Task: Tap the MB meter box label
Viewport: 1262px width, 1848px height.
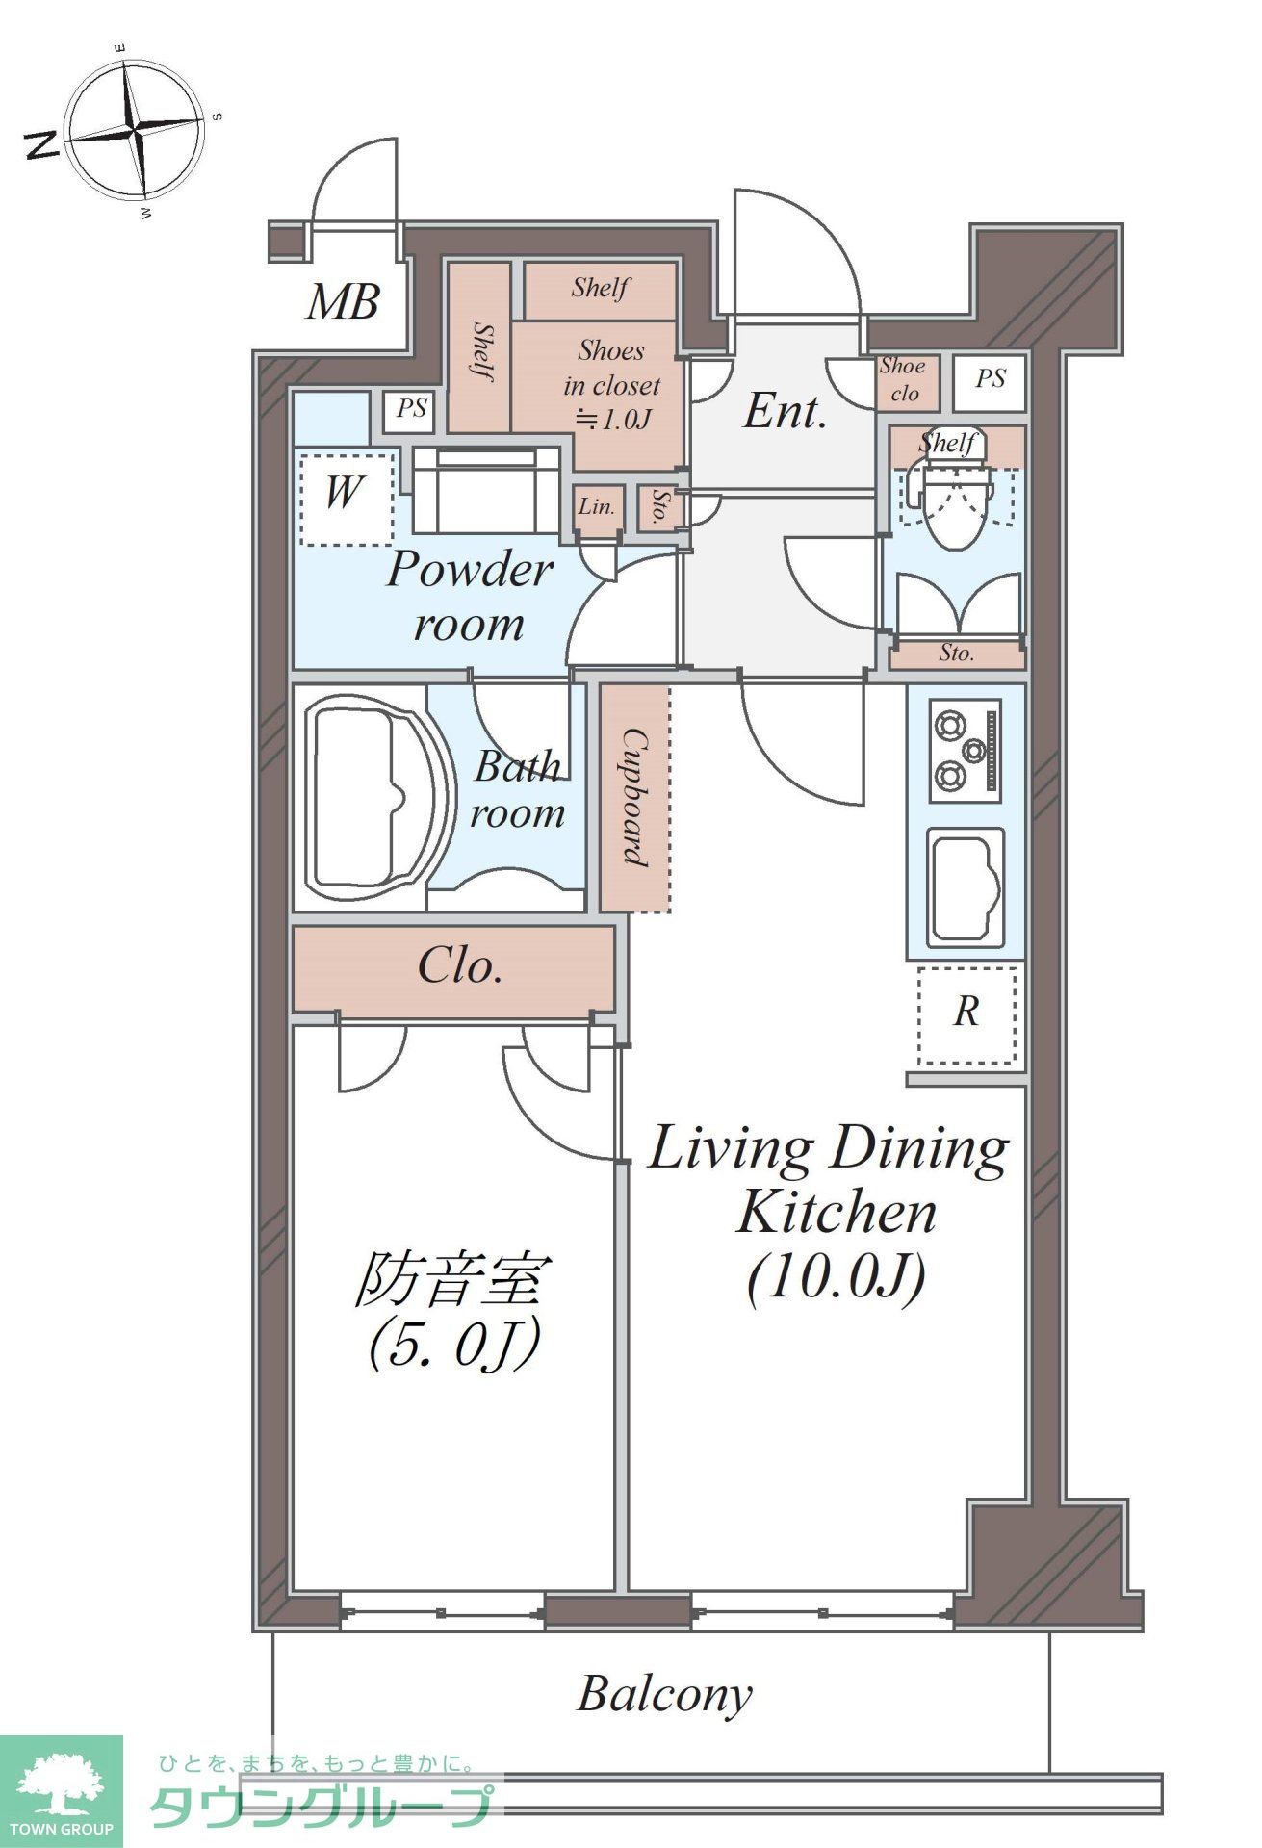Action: (343, 302)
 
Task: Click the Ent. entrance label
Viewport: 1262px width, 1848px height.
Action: (786, 412)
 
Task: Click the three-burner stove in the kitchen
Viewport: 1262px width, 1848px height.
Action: (965, 751)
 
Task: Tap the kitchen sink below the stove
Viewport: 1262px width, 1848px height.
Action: (965, 888)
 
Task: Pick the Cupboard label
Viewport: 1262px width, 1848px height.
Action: (634, 797)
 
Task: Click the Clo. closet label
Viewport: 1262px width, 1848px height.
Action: (459, 966)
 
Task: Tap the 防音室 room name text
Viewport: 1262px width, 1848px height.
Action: (452, 1280)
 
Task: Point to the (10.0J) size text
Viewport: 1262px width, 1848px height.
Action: (836, 1277)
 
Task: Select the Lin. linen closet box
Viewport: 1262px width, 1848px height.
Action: (597, 507)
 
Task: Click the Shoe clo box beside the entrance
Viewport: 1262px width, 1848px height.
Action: (903, 380)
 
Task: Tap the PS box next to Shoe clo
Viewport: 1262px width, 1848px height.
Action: (990, 380)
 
